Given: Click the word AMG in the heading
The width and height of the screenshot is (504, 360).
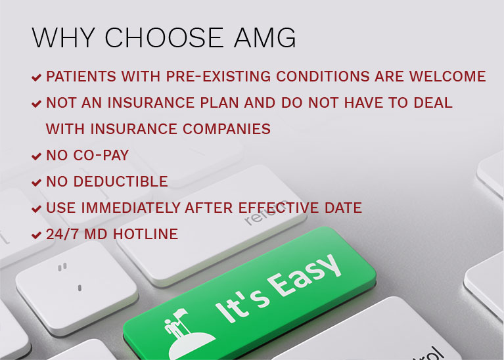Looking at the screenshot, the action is [x=265, y=37].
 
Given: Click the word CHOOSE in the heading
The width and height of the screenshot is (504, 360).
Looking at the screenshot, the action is [x=164, y=37].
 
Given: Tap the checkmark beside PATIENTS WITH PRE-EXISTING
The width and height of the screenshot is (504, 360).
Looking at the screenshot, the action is [x=36, y=77].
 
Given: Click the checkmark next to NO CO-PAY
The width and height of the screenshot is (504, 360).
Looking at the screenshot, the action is [x=36, y=156].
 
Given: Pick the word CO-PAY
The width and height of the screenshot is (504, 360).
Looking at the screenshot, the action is [x=101, y=155].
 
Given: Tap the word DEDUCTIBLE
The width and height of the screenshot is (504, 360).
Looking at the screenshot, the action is [x=120, y=181].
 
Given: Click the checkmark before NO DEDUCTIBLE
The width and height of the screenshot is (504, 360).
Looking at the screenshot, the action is [x=36, y=182].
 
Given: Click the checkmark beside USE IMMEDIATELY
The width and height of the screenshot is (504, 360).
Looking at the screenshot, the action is [x=36, y=209].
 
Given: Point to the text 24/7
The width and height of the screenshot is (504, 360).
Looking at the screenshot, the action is [x=62, y=234].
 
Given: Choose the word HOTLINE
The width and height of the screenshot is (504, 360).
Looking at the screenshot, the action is [x=146, y=234].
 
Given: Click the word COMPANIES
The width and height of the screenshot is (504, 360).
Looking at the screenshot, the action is [x=227, y=129].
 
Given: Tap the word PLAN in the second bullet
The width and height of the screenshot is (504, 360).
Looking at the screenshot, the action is [x=219, y=103].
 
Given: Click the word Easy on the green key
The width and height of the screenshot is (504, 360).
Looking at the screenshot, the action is [x=304, y=276].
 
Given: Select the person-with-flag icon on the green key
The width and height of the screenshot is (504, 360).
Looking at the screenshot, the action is [x=187, y=334].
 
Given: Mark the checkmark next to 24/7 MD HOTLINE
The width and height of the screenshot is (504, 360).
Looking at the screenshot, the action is [x=36, y=235].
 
